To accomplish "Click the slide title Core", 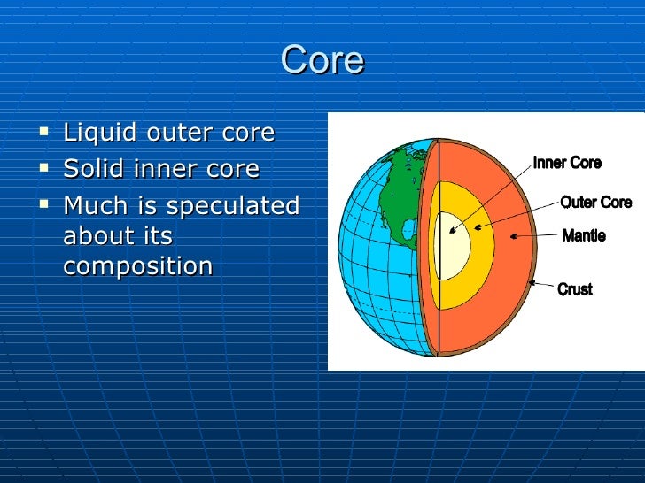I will point(322,60).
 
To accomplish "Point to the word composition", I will point(137,266).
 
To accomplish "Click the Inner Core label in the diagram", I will point(567,163).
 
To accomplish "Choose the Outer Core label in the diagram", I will point(595,203).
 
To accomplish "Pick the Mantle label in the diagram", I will point(584,236).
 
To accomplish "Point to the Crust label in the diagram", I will point(575,289).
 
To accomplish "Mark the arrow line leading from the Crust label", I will point(543,285).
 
